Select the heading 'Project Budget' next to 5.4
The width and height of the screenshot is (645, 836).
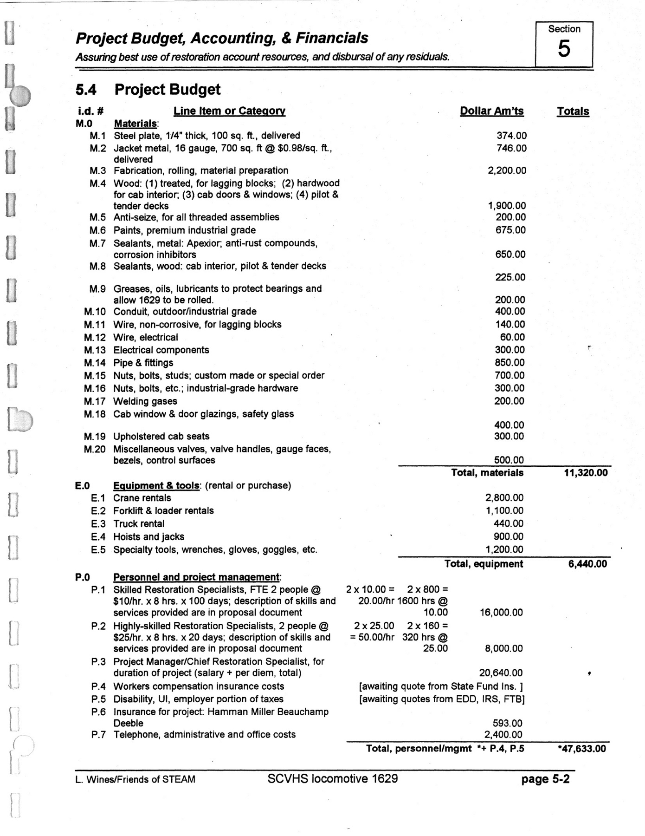click(x=168, y=90)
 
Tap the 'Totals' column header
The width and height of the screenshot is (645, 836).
click(x=573, y=111)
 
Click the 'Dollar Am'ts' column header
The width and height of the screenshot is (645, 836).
click(x=491, y=111)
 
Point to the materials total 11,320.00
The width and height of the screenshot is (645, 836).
click(x=586, y=473)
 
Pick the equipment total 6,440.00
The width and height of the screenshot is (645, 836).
click(x=587, y=564)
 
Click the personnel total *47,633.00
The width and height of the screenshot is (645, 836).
click(x=582, y=748)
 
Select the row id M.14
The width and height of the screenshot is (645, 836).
click(x=95, y=363)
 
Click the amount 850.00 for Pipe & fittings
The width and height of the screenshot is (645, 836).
click(x=510, y=363)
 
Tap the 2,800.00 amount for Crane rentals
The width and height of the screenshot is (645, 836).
click(x=504, y=498)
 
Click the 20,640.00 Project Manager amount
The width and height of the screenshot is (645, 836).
click(x=501, y=673)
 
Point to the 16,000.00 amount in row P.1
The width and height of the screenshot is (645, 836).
click(x=501, y=613)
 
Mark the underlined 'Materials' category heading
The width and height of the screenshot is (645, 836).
click(x=135, y=124)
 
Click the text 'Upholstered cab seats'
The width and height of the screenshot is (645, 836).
click(x=161, y=437)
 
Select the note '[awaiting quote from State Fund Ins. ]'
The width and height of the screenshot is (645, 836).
click(x=441, y=686)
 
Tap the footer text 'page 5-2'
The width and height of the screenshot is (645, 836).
click(x=545, y=779)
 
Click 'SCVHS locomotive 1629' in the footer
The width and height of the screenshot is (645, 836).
click(x=332, y=778)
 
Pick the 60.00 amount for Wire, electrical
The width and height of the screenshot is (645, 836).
click(x=513, y=337)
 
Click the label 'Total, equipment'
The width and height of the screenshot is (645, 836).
click(x=484, y=564)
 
